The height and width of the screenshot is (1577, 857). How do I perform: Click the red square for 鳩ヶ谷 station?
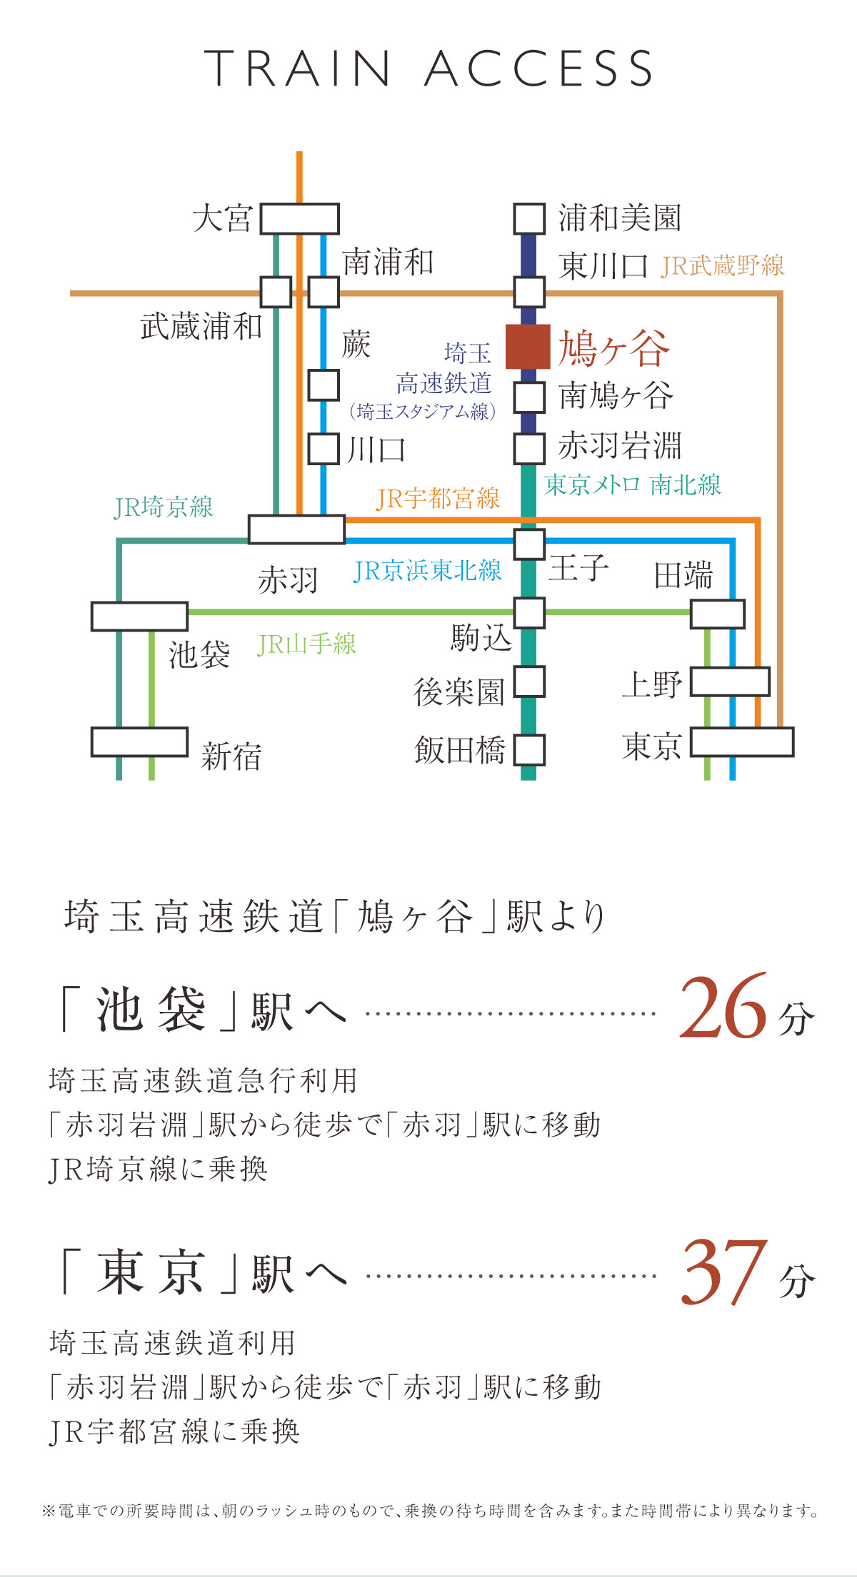[528, 347]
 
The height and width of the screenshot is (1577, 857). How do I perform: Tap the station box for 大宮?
[299, 218]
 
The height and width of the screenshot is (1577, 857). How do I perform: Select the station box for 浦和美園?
[529, 218]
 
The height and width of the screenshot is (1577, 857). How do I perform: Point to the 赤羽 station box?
[296, 529]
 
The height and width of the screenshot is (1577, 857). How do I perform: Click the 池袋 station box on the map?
[139, 617]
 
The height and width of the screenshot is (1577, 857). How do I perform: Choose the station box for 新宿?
[139, 742]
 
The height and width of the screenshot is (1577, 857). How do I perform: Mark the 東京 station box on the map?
[742, 742]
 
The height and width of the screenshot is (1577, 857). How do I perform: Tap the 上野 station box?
[730, 681]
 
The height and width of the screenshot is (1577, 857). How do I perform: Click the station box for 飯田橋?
[529, 750]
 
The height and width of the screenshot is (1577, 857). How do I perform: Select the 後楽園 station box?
[529, 681]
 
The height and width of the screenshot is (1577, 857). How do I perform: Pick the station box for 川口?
[324, 449]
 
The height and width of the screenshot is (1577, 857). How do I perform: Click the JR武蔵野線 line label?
[723, 266]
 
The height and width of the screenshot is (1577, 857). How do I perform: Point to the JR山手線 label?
[306, 644]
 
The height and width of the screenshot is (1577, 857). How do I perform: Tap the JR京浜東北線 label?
[427, 571]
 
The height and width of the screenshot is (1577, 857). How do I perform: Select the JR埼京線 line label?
[164, 507]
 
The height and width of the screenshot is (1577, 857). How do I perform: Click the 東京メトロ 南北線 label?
[633, 485]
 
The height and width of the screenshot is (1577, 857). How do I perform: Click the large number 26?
[723, 1007]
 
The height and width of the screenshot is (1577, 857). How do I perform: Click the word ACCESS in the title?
[539, 69]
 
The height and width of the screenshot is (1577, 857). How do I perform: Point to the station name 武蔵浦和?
[201, 327]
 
